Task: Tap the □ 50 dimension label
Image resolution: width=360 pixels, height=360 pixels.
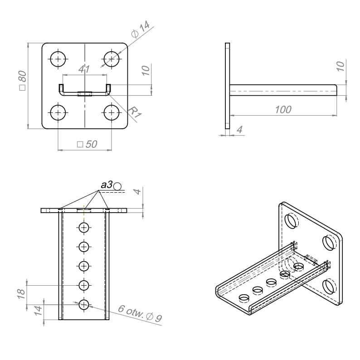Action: point(87,144)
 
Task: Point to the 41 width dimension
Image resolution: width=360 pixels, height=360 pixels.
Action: point(84,69)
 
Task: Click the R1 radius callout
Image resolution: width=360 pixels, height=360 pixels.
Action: point(135,112)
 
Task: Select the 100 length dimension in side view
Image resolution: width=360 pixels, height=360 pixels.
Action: point(283,109)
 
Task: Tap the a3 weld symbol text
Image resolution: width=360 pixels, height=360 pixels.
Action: point(107,185)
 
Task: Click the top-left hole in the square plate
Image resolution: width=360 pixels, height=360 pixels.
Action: point(58,58)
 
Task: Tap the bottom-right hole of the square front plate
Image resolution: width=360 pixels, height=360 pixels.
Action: point(111,112)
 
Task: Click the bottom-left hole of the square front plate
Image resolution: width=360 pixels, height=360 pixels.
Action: point(58,112)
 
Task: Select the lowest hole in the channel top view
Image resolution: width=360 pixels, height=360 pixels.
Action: point(84,304)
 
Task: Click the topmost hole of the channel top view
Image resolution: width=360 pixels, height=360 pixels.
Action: point(84,227)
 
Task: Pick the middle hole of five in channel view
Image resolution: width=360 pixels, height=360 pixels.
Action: point(84,266)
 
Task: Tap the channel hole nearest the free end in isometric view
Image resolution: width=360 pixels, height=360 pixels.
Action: point(244,298)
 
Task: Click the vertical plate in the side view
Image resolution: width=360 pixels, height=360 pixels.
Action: point(228,86)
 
